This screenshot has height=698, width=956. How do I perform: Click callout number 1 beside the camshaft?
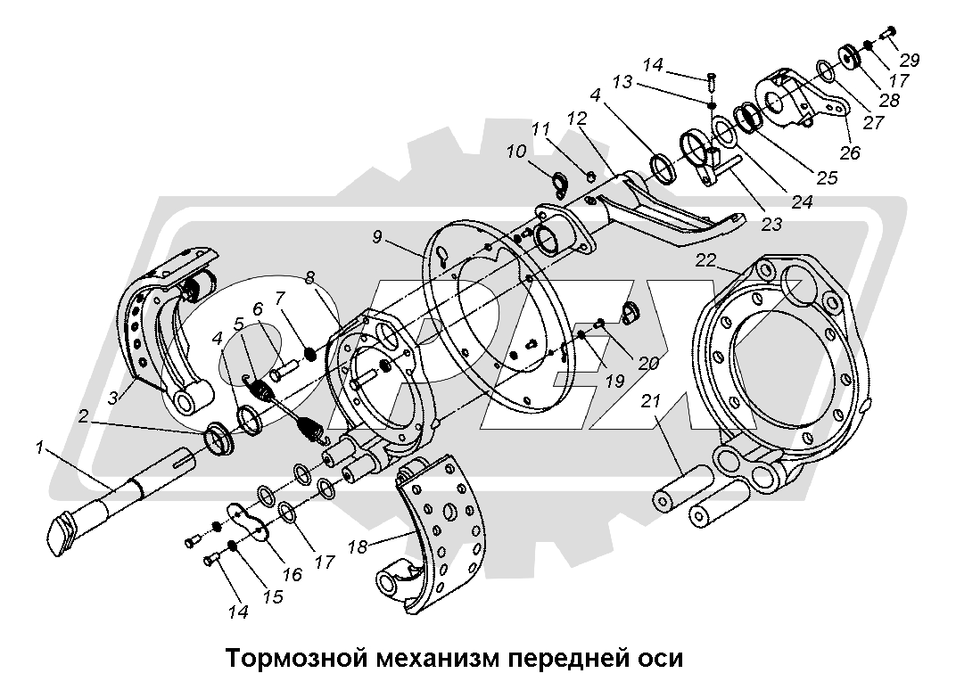coord(38,448)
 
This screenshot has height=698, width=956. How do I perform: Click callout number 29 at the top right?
coord(910,61)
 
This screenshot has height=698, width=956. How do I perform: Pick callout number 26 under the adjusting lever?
coord(849,152)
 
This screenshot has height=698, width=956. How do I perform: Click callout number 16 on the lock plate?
coord(291,575)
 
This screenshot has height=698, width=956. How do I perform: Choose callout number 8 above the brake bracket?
coord(309,278)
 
